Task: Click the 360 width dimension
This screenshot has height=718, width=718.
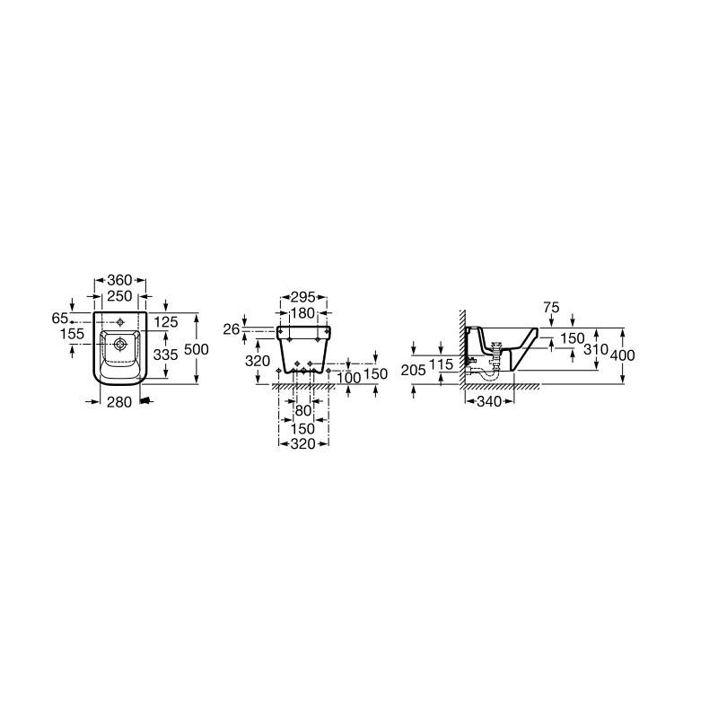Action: pyautogui.click(x=119, y=280)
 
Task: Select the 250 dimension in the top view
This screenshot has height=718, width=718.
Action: pyautogui.click(x=119, y=296)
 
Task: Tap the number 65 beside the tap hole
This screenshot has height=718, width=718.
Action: pyautogui.click(x=60, y=318)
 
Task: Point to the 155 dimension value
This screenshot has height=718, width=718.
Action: pyautogui.click(x=73, y=333)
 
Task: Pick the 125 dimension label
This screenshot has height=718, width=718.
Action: pyautogui.click(x=166, y=322)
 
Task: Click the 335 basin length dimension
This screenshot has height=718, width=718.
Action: pyautogui.click(x=166, y=354)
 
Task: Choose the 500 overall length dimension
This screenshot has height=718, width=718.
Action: pyautogui.click(x=196, y=349)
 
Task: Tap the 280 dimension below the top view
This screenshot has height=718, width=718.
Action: pyautogui.click(x=119, y=402)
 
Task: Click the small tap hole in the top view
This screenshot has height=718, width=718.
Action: pyautogui.click(x=120, y=322)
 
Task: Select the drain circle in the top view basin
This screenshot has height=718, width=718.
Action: pyautogui.click(x=120, y=344)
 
